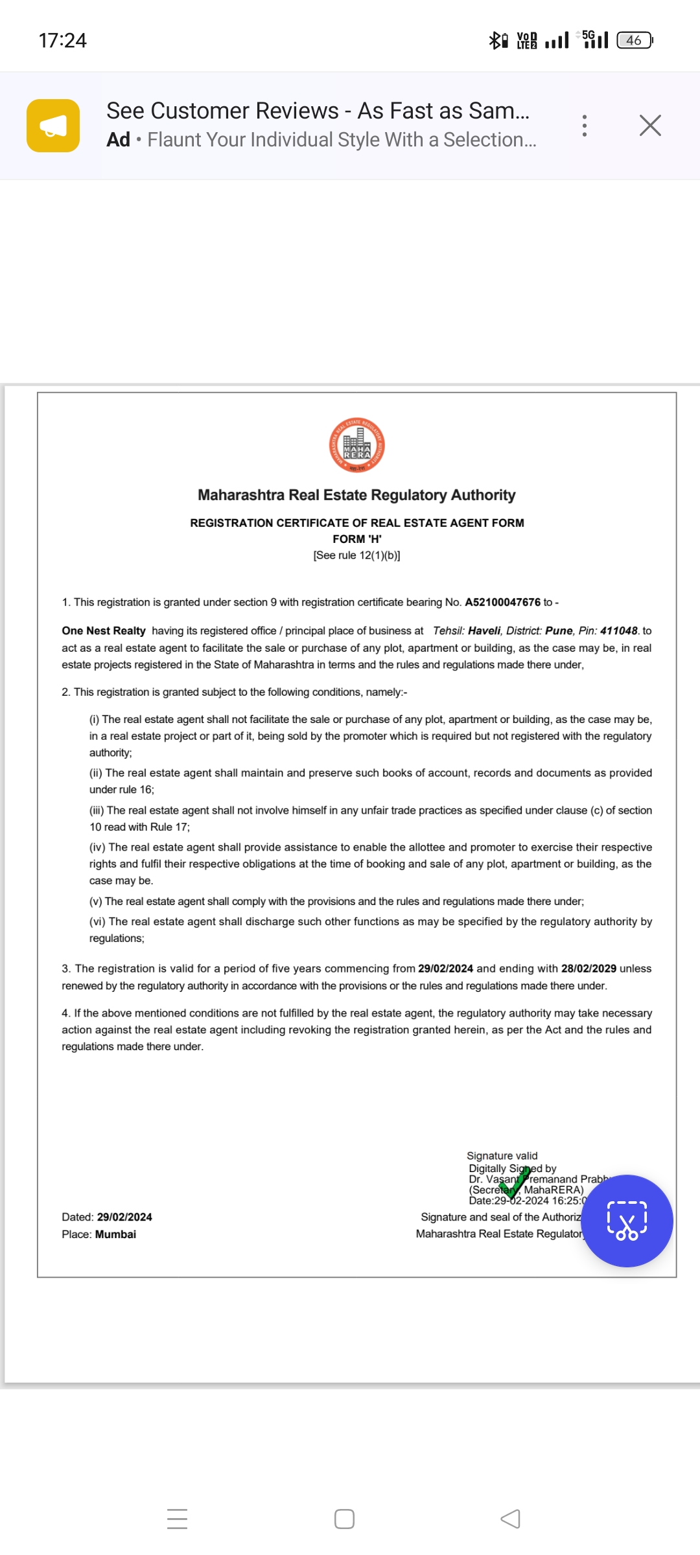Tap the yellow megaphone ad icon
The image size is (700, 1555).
click(x=53, y=126)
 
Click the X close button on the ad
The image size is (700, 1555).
click(x=650, y=126)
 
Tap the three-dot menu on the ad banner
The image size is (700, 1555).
click(x=585, y=126)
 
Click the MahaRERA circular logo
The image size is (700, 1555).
click(x=356, y=445)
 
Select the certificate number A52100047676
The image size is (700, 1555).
click(x=502, y=603)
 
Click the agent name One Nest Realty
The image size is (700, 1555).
click(x=104, y=631)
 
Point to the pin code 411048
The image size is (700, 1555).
click(x=618, y=631)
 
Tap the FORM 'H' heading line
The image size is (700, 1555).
click(x=356, y=539)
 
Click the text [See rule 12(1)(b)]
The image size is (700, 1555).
click(x=356, y=555)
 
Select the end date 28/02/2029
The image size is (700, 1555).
click(x=589, y=969)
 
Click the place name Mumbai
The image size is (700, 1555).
click(x=115, y=1234)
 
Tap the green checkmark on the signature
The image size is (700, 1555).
click(x=515, y=1182)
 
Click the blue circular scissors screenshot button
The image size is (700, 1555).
click(x=627, y=1221)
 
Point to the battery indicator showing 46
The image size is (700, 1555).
click(x=634, y=40)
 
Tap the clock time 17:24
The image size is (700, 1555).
click(x=62, y=40)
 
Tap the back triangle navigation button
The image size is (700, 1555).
click(x=511, y=1519)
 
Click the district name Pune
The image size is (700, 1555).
click(x=559, y=631)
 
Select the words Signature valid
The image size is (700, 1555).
click(x=502, y=1156)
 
